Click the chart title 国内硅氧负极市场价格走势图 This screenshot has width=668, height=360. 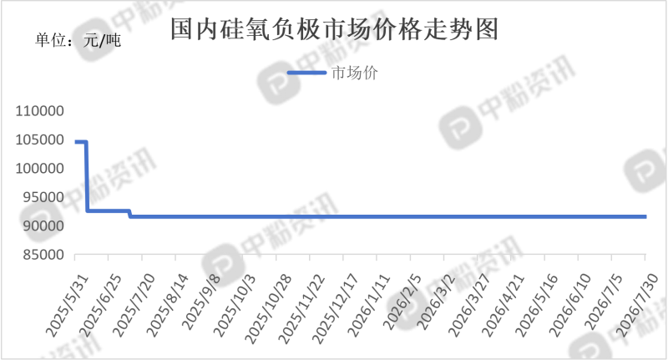pos(335,29)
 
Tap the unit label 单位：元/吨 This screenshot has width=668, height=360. pos(78,40)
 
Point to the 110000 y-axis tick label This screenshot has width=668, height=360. pos(39,111)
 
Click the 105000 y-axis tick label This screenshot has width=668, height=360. pos(39,139)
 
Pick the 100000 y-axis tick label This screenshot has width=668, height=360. pos(39,168)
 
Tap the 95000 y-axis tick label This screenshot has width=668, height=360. pos(43,197)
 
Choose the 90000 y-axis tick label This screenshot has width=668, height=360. pos(43,226)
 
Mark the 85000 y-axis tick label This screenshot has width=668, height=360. pos(43,255)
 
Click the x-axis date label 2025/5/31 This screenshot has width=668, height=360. pos(68,306)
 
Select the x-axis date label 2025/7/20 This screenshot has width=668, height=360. pos(134,306)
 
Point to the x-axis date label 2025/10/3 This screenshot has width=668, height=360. pos(235,306)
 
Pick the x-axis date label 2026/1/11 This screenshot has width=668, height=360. pos(370,306)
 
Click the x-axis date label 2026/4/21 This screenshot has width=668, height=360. pos(504,306)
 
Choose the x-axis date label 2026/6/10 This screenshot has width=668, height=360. pos(571,306)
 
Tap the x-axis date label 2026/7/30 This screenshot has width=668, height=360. pos(638,306)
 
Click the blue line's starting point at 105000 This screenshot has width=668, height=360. pos(76,142)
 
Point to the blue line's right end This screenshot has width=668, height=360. pos(645,217)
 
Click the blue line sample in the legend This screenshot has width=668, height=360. pos(306,73)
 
